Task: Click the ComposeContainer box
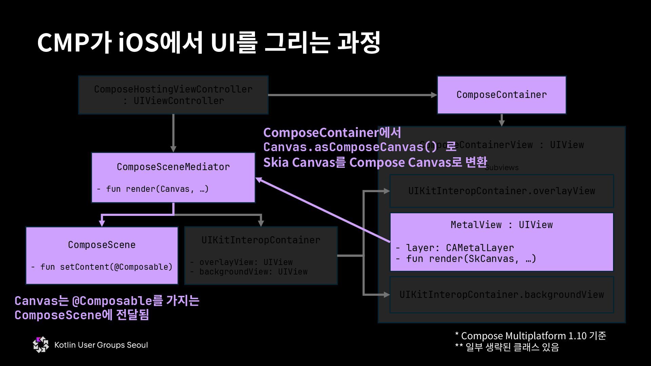coord(501,95)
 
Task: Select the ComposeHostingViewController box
coord(173,95)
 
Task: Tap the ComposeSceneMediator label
coord(173,167)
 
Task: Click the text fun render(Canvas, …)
coord(153,189)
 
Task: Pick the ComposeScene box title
coord(102,245)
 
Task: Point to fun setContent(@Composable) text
coord(102,267)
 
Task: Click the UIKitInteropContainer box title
coord(261,240)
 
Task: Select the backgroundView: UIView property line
coord(249,272)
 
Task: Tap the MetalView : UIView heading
coord(501,225)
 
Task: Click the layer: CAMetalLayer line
coord(455,248)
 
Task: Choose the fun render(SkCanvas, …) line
coord(466,259)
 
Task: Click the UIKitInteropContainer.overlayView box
coord(501,191)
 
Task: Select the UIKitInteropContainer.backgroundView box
coord(501,294)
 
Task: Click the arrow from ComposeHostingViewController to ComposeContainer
coord(353,95)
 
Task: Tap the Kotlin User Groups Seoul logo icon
coord(41,345)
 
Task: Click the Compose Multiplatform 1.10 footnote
coord(530,336)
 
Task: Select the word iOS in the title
coord(139,43)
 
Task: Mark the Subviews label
coord(502,168)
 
